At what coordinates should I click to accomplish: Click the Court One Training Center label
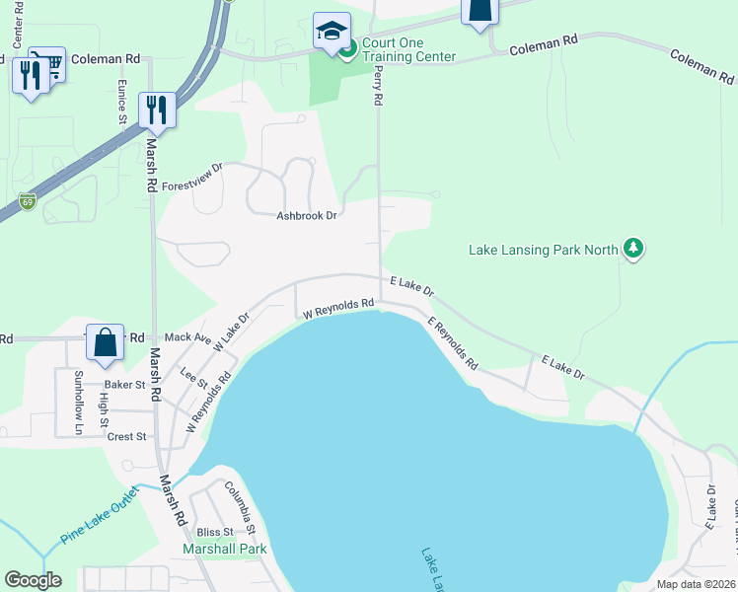408,49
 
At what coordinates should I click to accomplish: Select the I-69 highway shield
27,201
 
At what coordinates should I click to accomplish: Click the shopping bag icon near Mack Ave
106,342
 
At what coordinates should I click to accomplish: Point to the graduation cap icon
332,31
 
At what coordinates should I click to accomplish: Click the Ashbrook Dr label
307,215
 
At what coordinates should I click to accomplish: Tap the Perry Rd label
379,88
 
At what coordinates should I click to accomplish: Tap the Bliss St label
213,532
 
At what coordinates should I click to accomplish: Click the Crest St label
126,436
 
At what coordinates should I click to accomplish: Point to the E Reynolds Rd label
453,342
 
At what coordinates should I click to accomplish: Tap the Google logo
33,580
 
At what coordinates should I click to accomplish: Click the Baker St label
125,385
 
